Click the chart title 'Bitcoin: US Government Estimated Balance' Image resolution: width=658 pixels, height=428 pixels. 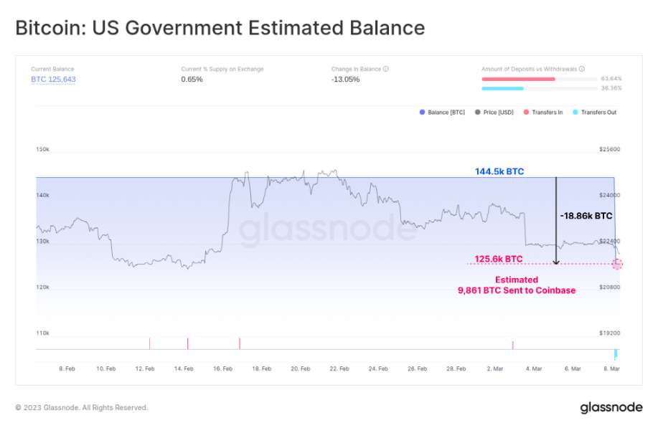(220, 28)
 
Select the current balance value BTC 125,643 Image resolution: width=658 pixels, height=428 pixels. (53, 80)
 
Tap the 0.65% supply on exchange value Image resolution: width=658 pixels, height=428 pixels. (192, 80)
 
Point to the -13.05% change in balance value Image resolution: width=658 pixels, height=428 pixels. (345, 80)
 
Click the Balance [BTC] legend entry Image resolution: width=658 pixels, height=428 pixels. (442, 113)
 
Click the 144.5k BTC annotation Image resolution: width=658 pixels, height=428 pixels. (499, 172)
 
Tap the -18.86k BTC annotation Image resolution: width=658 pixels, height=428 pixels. (586, 216)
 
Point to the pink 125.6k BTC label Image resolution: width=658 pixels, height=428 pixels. (499, 259)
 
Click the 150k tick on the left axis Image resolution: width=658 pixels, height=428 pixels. (42, 150)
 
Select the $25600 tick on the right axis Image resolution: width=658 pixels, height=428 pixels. (609, 150)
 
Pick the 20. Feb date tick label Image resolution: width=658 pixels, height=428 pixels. (301, 368)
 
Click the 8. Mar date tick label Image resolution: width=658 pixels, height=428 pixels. (611, 368)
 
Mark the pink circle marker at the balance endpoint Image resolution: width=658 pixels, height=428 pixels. (617, 264)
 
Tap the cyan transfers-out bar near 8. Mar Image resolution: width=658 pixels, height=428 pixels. (615, 354)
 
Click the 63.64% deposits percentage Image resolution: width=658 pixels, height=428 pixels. (611, 78)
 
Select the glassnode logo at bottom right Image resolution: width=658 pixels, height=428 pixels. (611, 407)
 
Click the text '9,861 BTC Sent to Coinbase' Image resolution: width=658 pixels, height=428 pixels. (517, 290)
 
